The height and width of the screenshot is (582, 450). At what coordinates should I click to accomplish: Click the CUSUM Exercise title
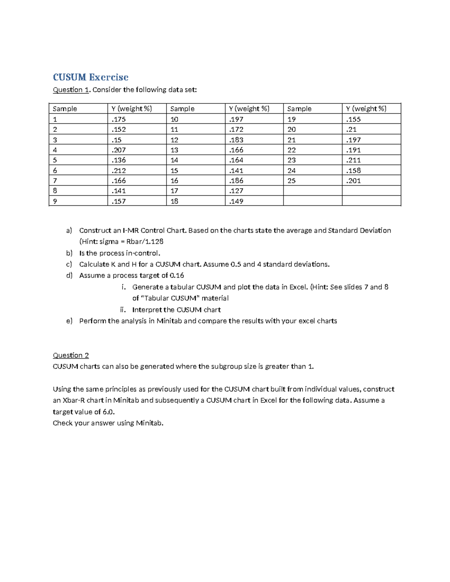pos(90,77)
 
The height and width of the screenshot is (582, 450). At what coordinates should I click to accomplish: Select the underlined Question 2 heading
pos(71,355)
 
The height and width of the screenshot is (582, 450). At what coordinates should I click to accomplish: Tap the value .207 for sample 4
pos(119,150)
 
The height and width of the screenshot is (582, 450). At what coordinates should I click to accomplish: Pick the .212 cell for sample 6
pos(119,171)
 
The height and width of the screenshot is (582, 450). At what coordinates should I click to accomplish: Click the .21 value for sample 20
pos(351,129)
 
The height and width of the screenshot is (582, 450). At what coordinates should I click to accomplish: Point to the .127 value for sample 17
pos(236,191)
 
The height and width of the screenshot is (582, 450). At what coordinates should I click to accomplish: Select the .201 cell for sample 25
pos(353,181)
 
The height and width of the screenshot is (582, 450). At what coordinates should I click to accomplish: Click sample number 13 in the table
pos(174,150)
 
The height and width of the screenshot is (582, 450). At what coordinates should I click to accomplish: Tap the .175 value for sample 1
pos(119,119)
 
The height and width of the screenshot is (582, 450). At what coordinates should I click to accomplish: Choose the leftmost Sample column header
pos(65,109)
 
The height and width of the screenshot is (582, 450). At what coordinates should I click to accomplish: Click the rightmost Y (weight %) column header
pos(366,109)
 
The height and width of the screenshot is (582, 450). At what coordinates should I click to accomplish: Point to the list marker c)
pos(69,264)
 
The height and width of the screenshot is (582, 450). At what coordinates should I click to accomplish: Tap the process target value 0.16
pos(176,275)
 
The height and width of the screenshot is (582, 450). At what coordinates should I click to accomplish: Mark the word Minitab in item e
pos(169,321)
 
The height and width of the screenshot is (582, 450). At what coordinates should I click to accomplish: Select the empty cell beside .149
pos(313,201)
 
